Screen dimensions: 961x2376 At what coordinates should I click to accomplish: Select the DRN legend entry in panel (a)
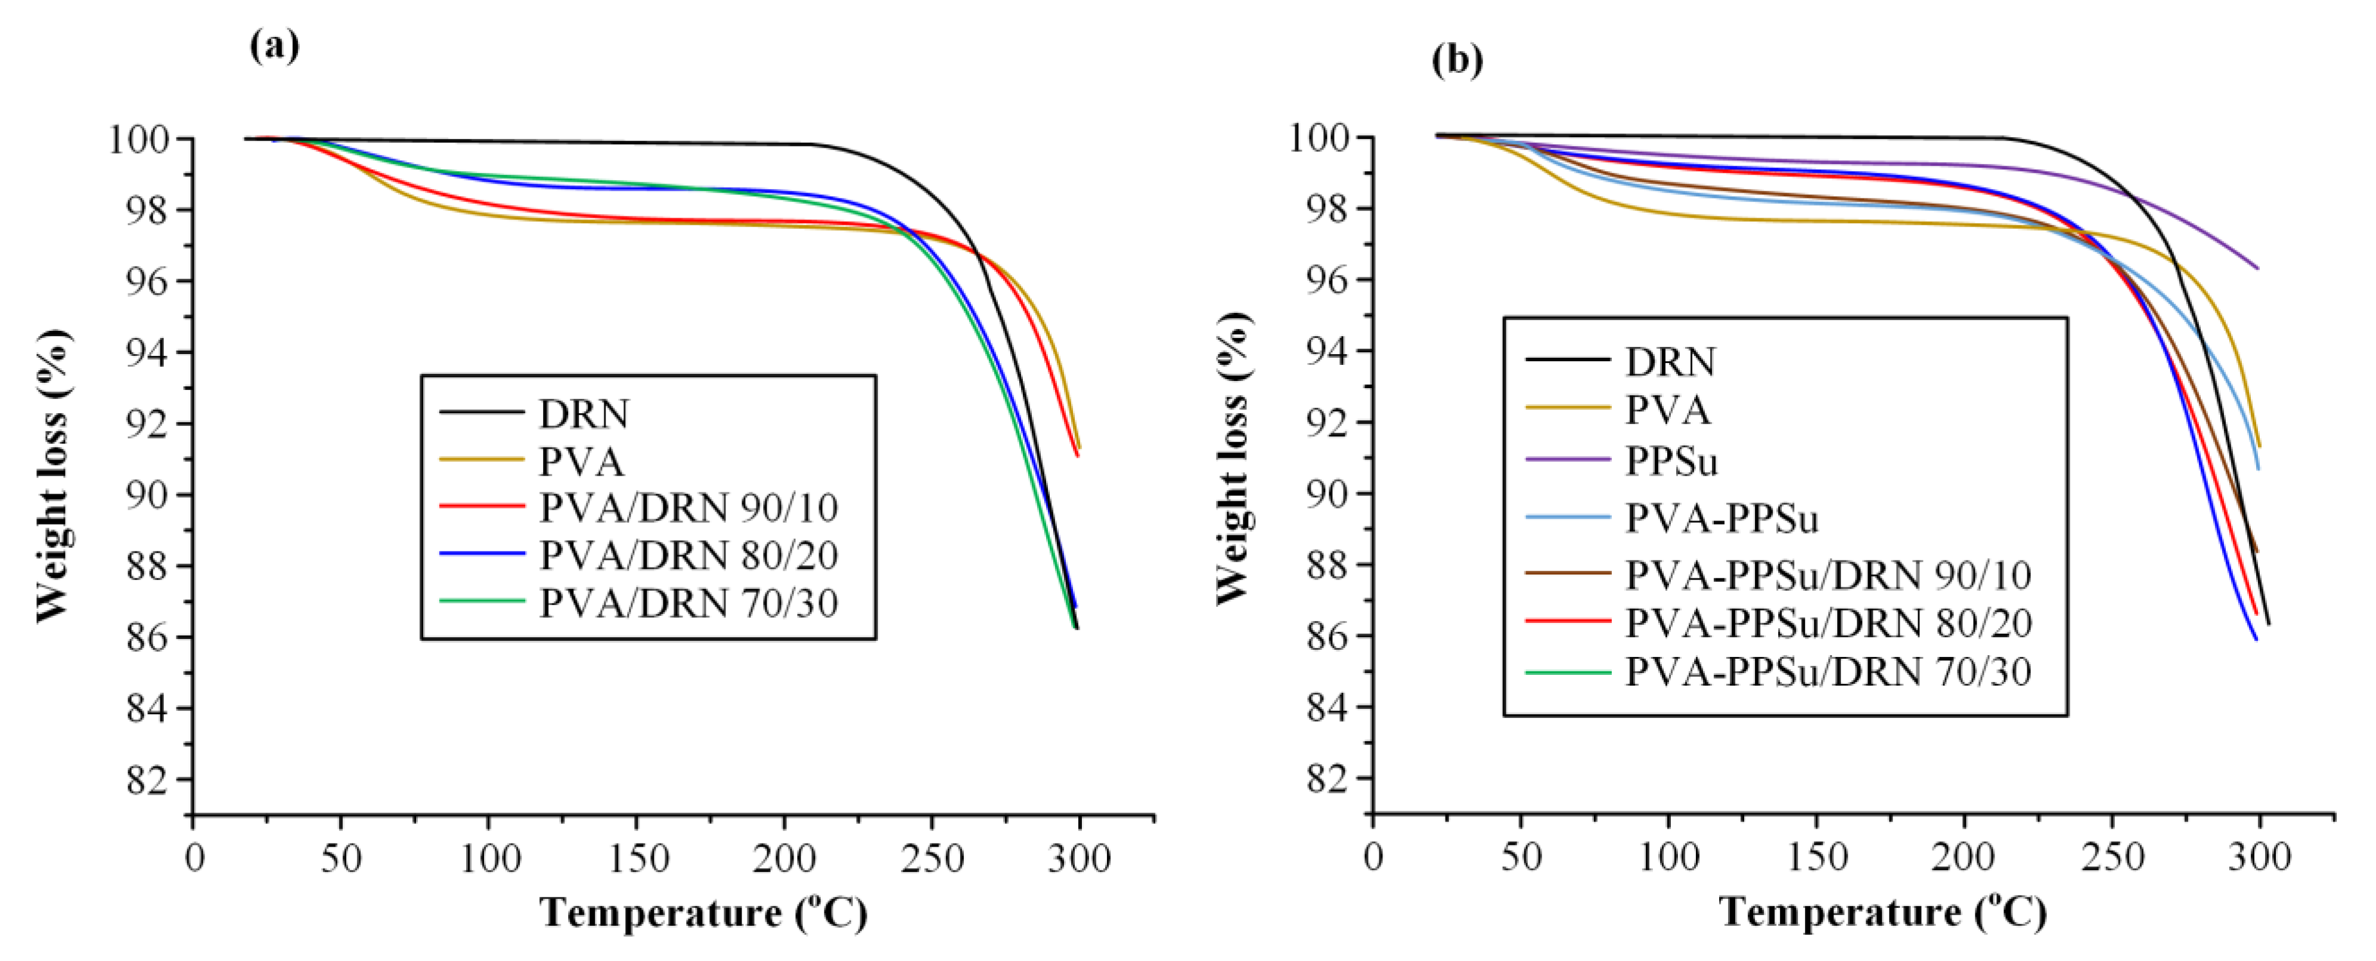coord(583,414)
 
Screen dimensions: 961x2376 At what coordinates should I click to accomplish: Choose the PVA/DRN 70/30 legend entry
coord(688,603)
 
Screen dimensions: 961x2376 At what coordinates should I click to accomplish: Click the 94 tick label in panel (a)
coord(148,352)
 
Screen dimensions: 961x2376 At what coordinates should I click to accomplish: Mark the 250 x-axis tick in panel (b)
coord(2112,858)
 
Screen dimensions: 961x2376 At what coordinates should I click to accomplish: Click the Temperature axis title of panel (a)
coord(703,913)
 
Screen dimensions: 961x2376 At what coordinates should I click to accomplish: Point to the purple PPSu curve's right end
coord(2256,268)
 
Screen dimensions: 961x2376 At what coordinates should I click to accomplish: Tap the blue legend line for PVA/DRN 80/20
coord(482,553)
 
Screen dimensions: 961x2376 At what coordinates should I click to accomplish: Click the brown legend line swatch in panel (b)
coord(1568,573)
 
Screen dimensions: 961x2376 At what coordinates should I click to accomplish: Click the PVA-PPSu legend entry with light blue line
coord(1720,518)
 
